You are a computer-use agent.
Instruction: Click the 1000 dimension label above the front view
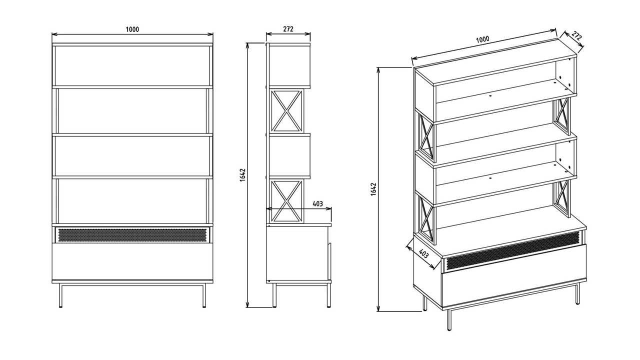(x=132, y=29)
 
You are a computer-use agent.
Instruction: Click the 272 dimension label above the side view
(x=288, y=29)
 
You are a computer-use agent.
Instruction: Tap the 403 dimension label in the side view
(x=317, y=203)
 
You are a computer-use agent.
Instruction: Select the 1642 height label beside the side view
(x=242, y=175)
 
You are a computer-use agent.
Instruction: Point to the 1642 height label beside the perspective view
(x=374, y=189)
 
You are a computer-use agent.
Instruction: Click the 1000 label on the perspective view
(x=482, y=39)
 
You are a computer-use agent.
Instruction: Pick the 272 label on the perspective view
(x=577, y=36)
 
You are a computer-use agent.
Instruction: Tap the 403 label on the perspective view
(x=423, y=253)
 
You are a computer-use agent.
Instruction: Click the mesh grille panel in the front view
(x=132, y=235)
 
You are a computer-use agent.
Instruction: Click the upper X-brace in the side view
(x=286, y=110)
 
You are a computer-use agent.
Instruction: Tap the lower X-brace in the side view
(x=286, y=201)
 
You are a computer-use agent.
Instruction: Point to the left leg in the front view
(x=60, y=295)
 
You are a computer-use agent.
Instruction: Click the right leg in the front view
(x=204, y=295)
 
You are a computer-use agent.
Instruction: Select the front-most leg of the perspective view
(x=449, y=319)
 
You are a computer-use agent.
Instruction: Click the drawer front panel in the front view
(x=132, y=261)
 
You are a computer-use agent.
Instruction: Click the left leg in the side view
(x=274, y=295)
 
